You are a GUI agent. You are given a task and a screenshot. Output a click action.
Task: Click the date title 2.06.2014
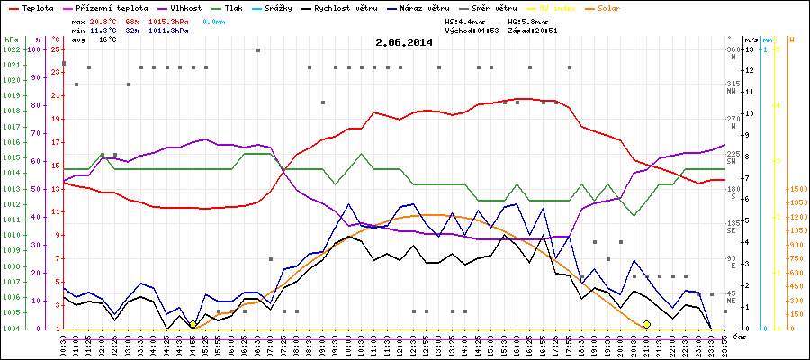(x=404, y=42)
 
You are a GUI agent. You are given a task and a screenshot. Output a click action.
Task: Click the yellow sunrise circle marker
(x=193, y=324)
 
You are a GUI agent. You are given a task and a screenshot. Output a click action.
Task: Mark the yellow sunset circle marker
(x=646, y=324)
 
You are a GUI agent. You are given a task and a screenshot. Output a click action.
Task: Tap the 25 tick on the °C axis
(x=55, y=49)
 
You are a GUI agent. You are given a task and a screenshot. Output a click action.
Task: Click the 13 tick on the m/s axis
(x=750, y=49)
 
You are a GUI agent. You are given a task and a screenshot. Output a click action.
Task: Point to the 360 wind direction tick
(x=732, y=49)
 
